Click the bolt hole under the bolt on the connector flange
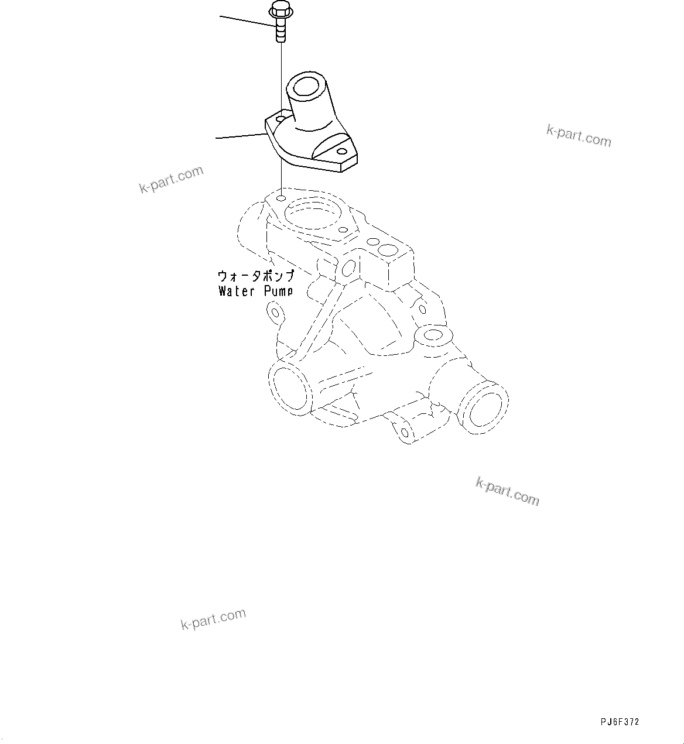point(281,119)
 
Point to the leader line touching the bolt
point(246,22)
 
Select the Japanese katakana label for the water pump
point(255,275)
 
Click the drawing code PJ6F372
point(620,722)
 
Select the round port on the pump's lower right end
point(484,407)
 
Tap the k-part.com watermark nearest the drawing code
point(507,491)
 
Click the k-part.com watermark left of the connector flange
point(171,179)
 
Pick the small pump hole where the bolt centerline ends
point(281,198)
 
